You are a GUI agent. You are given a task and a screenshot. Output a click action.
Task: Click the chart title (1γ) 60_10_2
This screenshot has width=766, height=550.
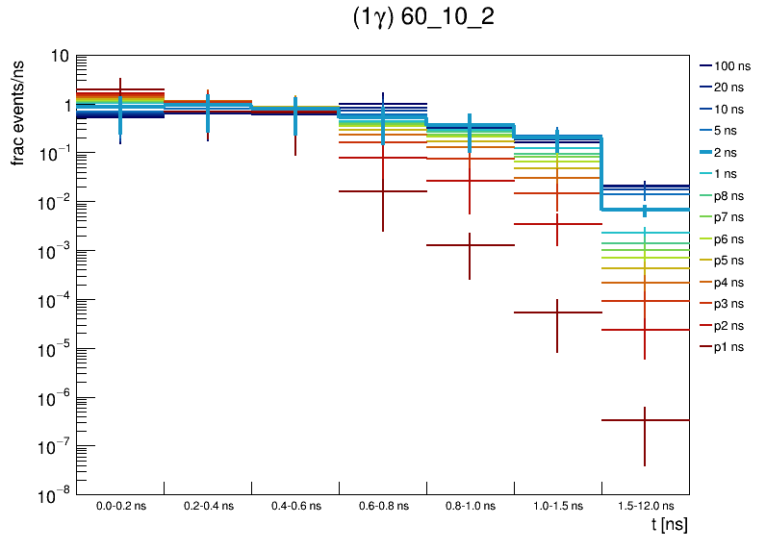[423, 20]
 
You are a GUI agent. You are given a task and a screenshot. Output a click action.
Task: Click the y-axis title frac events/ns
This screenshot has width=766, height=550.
[18, 111]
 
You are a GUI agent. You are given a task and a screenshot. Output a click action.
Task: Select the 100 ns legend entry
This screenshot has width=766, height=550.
[730, 66]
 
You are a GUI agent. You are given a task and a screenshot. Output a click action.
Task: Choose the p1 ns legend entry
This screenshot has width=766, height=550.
[730, 347]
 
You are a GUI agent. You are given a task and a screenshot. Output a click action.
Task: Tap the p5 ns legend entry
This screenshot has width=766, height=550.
[730, 261]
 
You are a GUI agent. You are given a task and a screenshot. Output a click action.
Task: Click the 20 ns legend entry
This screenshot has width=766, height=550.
[730, 87]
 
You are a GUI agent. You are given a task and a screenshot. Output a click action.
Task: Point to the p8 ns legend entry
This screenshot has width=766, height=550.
[730, 196]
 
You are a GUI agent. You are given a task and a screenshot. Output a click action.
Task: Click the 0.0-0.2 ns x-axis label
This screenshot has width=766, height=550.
[120, 505]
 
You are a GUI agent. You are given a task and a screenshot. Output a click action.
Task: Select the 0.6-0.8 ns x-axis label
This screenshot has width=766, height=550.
[382, 505]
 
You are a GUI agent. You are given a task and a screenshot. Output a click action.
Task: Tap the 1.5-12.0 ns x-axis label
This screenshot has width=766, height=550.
[645, 505]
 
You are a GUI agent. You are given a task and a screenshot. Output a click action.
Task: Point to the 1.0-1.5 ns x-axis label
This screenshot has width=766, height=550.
[557, 505]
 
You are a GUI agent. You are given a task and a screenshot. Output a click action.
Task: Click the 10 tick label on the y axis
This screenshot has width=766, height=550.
[59, 56]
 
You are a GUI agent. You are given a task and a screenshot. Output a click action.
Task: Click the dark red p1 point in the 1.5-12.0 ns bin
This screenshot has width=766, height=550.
[645, 420]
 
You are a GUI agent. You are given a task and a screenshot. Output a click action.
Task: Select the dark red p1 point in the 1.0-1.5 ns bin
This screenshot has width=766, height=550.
[557, 312]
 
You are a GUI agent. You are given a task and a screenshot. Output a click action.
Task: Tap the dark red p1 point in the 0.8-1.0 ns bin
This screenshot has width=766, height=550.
[470, 245]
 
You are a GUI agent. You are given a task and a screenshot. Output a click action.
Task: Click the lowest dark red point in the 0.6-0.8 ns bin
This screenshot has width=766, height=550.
[382, 191]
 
